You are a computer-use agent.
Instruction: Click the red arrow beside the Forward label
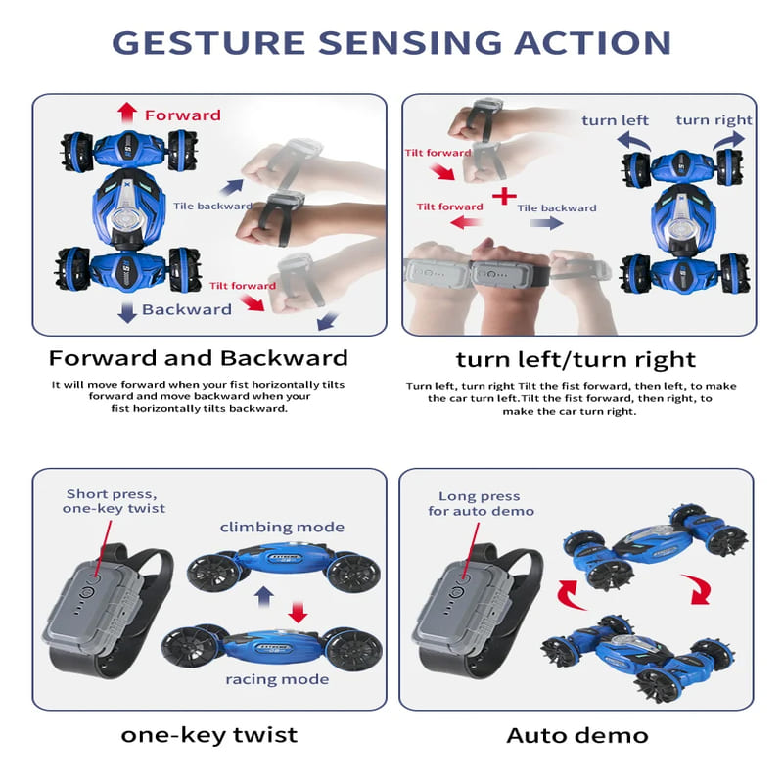pyautogui.click(x=127, y=113)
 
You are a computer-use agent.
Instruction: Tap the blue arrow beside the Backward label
pyautogui.click(x=127, y=312)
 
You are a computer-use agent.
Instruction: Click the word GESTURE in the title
pyautogui.click(x=208, y=42)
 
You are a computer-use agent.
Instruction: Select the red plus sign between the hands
pyautogui.click(x=504, y=196)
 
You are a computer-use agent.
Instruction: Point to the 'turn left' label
pyautogui.click(x=615, y=120)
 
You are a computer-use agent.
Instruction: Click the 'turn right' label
pyautogui.click(x=714, y=120)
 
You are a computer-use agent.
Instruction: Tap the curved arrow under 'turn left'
pyautogui.click(x=633, y=140)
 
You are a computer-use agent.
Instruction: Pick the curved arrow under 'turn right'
pyautogui.click(x=728, y=140)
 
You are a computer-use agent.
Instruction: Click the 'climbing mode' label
pyautogui.click(x=282, y=528)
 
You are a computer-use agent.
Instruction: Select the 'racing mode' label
pyautogui.click(x=277, y=679)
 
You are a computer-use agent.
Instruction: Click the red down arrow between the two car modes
pyautogui.click(x=298, y=612)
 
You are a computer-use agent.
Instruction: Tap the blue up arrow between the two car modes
pyautogui.click(x=263, y=596)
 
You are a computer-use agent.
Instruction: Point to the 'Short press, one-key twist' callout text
pyautogui.click(x=114, y=501)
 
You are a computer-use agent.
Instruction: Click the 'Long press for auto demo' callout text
pyautogui.click(x=481, y=503)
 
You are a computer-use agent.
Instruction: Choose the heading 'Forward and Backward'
pyautogui.click(x=199, y=358)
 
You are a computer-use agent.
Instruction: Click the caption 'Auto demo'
pyautogui.click(x=577, y=735)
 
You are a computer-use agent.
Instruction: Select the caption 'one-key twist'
pyautogui.click(x=208, y=735)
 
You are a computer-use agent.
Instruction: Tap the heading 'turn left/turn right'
pyautogui.click(x=576, y=359)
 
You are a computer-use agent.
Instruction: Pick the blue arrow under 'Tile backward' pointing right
pyautogui.click(x=547, y=223)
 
